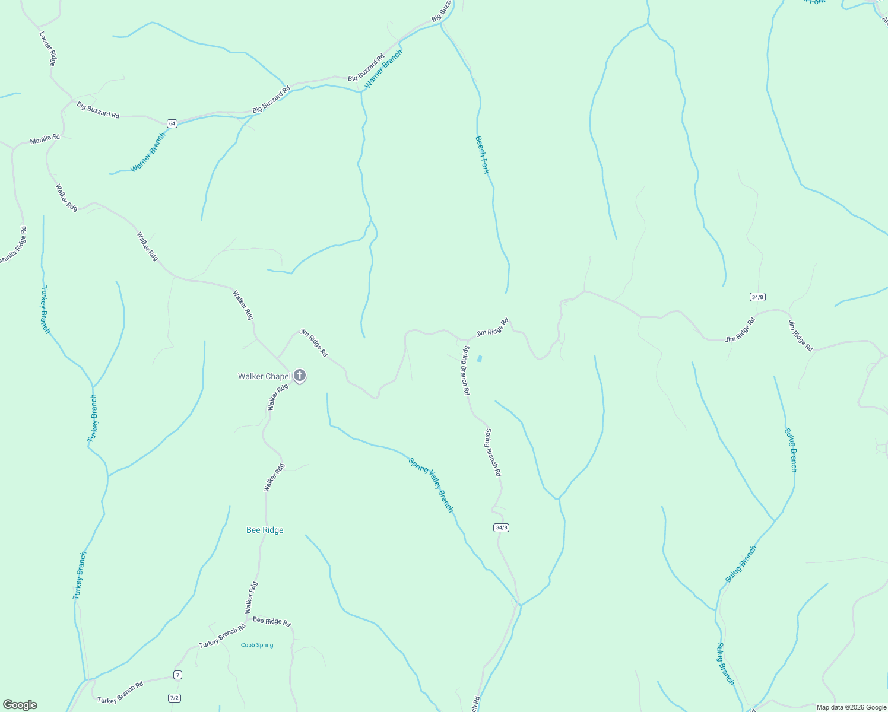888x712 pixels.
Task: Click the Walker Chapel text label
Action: (264, 376)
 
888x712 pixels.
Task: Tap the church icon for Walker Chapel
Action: (300, 376)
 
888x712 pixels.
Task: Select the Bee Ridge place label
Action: (265, 530)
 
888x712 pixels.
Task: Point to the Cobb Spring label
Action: (257, 645)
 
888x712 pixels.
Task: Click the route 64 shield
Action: (172, 123)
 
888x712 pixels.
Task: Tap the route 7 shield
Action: (177, 675)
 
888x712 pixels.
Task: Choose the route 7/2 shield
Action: (174, 698)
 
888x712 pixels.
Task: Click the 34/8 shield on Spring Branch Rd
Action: (501, 527)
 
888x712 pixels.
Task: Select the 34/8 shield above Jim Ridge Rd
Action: (757, 297)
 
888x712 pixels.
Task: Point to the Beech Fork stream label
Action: (483, 155)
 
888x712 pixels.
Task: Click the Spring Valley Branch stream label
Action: (431, 485)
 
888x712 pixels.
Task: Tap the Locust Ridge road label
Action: (47, 48)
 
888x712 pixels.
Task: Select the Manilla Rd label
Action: (45, 139)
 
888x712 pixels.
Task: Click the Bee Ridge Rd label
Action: (272, 621)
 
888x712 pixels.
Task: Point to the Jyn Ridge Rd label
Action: (313, 343)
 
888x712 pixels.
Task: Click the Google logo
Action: (20, 705)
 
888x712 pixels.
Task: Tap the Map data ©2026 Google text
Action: (851, 707)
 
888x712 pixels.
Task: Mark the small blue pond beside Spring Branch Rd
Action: (479, 358)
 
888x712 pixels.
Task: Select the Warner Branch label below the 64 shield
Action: (148, 152)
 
